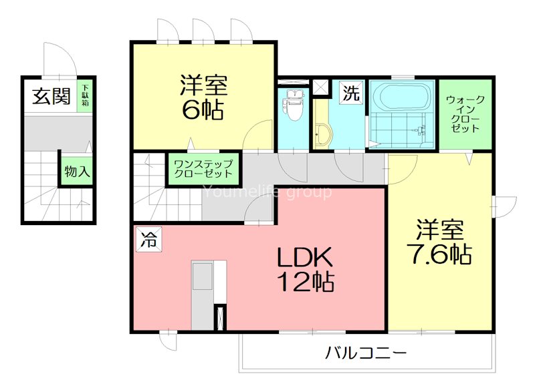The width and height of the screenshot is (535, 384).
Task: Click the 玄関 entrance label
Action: click(51, 97)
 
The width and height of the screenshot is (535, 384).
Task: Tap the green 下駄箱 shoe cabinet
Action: click(86, 96)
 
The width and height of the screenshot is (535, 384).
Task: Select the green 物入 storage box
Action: click(76, 171)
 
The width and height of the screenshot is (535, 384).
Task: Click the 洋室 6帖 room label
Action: click(203, 97)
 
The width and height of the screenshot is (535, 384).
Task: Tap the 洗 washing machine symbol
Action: click(350, 93)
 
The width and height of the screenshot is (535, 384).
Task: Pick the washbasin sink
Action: click(322, 134)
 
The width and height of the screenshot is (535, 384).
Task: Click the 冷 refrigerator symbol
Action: click(147, 240)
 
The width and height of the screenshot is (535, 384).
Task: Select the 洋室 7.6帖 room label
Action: click(440, 242)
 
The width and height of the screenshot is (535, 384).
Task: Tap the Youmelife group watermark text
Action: click(267, 193)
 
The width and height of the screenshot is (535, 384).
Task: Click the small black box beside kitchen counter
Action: click(219, 318)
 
